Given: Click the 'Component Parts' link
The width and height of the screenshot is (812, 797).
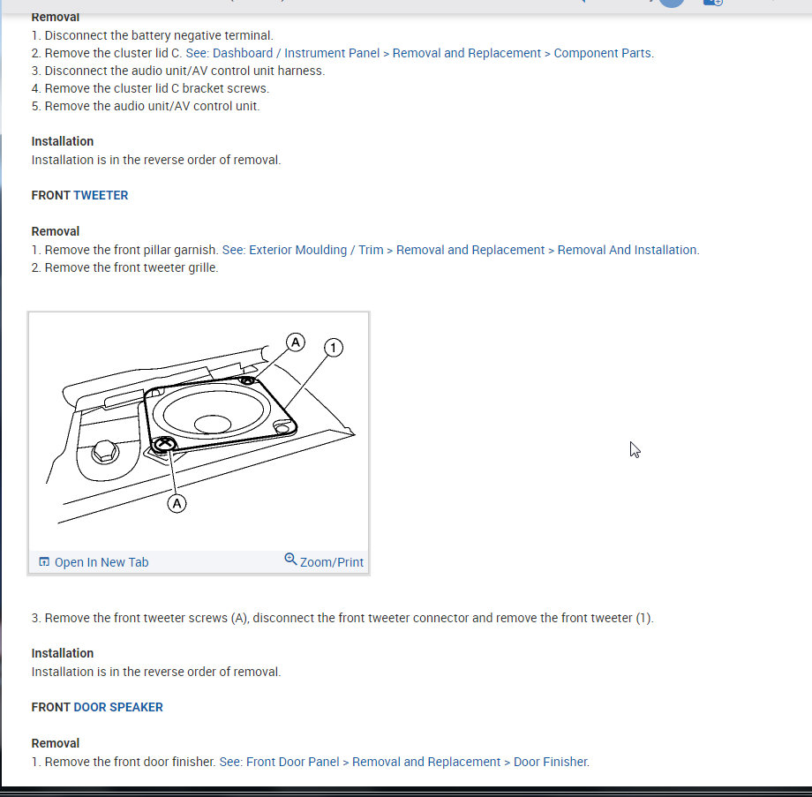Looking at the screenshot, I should [603, 53].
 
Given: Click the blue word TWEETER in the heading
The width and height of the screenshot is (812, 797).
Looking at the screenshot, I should [101, 195].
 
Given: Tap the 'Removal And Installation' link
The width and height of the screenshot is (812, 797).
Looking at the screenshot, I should [627, 250].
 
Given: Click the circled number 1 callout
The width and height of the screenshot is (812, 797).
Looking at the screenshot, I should [333, 348].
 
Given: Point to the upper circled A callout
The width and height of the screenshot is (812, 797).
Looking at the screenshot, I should [296, 342].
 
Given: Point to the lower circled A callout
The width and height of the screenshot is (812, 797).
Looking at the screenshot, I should [177, 503].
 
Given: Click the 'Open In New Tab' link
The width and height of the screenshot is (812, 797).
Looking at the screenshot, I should [101, 562].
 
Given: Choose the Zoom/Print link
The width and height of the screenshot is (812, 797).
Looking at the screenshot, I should [331, 562].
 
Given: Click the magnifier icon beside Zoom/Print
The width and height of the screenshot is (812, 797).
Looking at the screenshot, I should [290, 560].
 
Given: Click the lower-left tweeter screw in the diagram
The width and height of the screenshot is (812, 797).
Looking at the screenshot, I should [164, 444].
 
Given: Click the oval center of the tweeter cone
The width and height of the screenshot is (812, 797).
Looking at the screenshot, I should [212, 424].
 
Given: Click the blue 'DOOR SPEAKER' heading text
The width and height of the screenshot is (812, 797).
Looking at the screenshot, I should [118, 707].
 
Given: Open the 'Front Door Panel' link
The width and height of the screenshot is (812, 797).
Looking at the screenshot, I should [293, 762].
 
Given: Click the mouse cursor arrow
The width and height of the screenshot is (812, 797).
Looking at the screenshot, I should [635, 449].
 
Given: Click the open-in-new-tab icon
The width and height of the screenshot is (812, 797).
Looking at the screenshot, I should [44, 562].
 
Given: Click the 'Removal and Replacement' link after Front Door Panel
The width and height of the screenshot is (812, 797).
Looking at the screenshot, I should [425, 762].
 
